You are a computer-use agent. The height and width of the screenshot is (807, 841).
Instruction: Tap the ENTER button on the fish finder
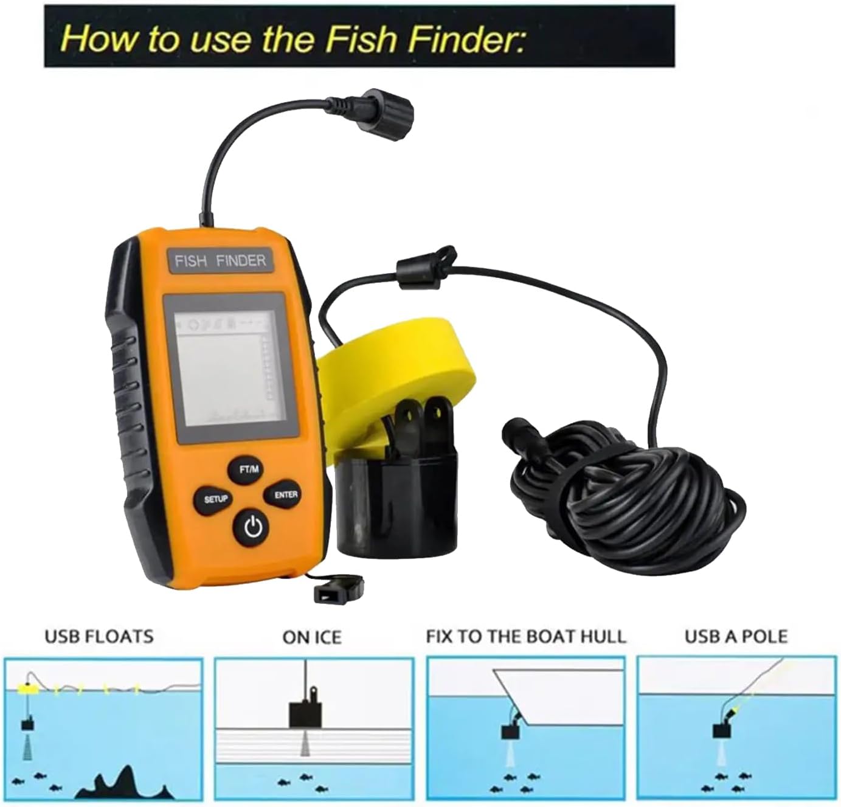point(286,495)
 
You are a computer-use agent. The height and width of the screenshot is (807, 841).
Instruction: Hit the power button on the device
point(253,527)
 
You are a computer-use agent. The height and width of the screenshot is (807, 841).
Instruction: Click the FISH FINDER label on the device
point(220,261)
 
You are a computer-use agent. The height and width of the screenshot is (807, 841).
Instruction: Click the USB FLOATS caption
point(99,637)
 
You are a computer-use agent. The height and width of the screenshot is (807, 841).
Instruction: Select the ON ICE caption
point(312,637)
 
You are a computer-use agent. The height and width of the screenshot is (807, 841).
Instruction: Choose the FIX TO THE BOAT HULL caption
point(526,637)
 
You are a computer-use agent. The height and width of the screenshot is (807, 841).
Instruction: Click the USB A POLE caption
point(736,637)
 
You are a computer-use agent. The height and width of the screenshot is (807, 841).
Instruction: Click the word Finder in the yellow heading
point(466,38)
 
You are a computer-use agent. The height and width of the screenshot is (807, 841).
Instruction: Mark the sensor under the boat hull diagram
point(511,730)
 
